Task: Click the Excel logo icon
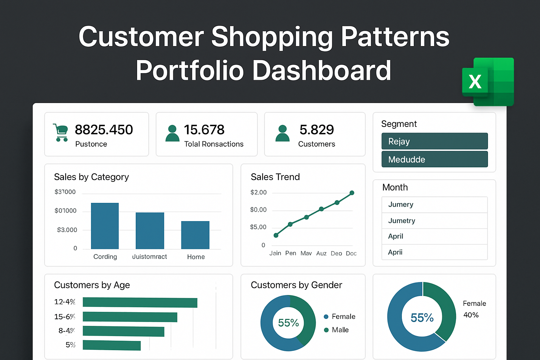[488, 82]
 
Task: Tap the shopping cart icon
[60, 133]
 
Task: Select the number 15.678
[204, 130]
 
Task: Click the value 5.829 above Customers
[316, 130]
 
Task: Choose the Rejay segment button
[435, 141]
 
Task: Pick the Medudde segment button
[435, 159]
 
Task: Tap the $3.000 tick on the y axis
[67, 230]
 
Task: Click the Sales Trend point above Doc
[352, 193]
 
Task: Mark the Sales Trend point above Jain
[276, 235]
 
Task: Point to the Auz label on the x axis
[321, 253]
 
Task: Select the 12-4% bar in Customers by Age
[140, 302]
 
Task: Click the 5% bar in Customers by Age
[111, 345]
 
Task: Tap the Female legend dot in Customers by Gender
[326, 317]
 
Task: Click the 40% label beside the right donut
[471, 315]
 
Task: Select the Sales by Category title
[91, 177]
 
